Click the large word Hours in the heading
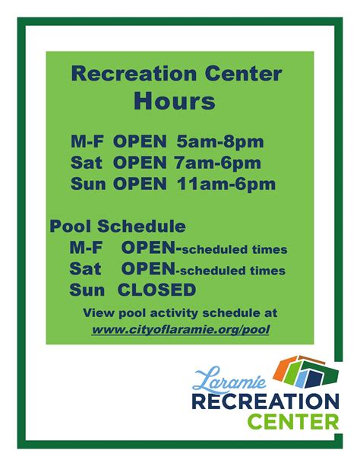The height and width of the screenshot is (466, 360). [x=175, y=100]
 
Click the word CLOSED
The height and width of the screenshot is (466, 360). [x=156, y=290]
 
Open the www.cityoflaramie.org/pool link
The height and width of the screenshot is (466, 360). [x=181, y=329]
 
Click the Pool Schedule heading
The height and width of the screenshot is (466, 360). [x=118, y=227]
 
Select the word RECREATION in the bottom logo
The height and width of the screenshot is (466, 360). [x=265, y=400]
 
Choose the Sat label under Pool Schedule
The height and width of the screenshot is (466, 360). [x=85, y=269]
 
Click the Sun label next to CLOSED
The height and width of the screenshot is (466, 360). [x=86, y=290]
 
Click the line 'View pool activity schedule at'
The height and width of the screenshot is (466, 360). [x=180, y=312]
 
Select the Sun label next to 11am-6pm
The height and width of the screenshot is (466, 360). [x=88, y=183]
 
